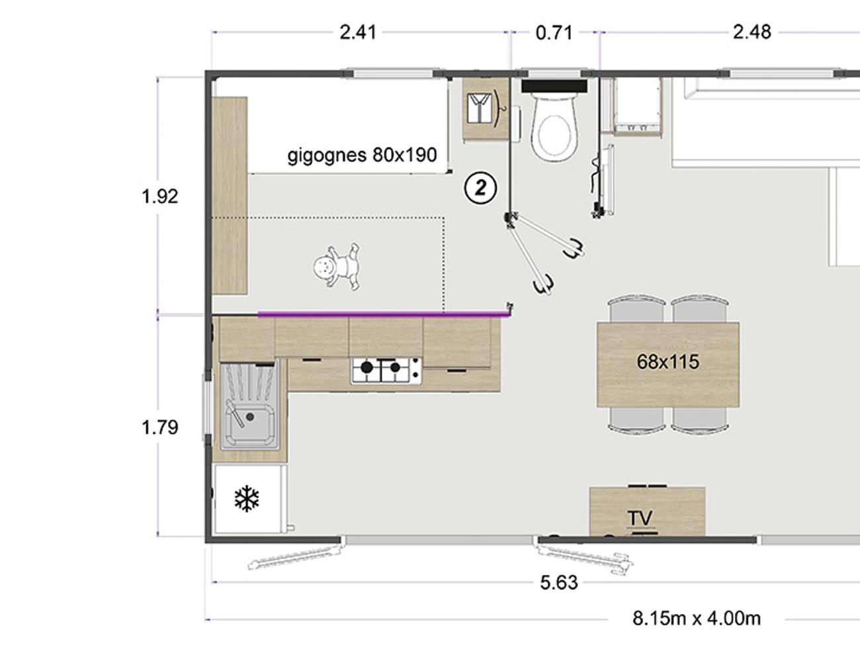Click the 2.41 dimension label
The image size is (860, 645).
click(358, 32)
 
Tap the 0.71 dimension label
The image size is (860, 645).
click(554, 33)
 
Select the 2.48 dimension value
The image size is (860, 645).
click(752, 32)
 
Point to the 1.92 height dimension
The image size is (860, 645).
click(160, 196)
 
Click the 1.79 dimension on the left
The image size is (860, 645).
click(160, 427)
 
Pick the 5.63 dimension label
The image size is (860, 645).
click(559, 583)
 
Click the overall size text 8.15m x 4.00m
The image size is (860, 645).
click(696, 619)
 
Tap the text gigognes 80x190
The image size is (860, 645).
click(362, 155)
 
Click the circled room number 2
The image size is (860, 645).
click(480, 189)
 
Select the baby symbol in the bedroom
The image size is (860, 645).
click(337, 267)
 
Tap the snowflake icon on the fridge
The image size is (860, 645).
click(247, 499)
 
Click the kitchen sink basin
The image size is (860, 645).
click(250, 421)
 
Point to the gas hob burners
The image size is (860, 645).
click(386, 370)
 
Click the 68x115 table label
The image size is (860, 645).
click(667, 362)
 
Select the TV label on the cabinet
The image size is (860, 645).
click(641, 518)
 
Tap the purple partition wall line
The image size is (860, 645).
click(384, 314)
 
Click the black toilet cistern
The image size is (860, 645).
click(554, 86)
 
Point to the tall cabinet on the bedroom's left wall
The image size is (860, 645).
click(230, 196)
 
